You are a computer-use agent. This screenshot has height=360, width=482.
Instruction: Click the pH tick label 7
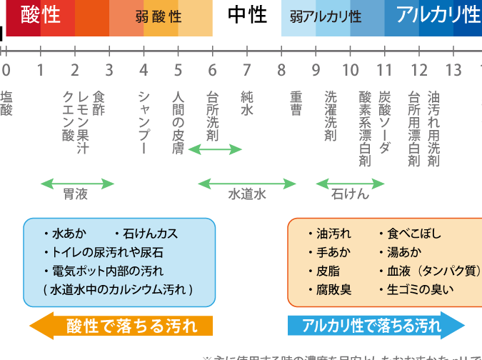(246, 70)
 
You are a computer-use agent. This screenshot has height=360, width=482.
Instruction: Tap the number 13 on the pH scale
(453, 70)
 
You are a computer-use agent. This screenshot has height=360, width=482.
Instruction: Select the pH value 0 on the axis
(6, 70)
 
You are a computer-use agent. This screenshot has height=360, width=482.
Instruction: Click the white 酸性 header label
(41, 14)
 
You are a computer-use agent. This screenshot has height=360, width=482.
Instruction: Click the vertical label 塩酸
(6, 104)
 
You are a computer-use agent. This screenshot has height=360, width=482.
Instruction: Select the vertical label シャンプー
(144, 122)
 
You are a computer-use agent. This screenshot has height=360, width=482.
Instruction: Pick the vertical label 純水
(247, 104)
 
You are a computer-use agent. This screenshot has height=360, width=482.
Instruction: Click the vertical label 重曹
(297, 104)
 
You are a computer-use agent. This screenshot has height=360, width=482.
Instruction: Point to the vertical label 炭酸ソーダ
(384, 122)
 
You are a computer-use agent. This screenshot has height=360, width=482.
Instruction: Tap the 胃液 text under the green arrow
(76, 194)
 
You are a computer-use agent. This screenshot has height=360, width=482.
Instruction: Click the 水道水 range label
(247, 194)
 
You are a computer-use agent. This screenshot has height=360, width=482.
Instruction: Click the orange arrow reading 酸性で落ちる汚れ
(121, 326)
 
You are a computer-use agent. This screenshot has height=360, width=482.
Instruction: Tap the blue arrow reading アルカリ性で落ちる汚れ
(376, 326)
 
